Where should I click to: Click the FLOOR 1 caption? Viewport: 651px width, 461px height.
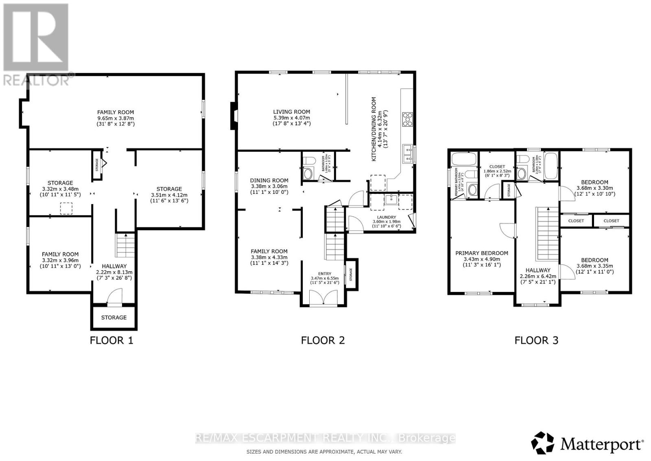(111, 340)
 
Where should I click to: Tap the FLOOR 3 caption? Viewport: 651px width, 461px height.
(536, 340)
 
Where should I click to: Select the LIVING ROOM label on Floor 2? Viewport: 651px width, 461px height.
(291, 112)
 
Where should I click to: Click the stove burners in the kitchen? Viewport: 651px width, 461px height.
(407, 119)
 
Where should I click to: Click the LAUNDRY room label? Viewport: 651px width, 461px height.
(387, 217)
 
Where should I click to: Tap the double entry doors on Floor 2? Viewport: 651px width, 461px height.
(324, 298)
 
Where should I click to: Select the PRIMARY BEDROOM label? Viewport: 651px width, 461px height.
(481, 253)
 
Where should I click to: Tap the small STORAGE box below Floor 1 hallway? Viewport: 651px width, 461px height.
(114, 317)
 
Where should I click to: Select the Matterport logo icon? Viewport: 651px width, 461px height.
(543, 443)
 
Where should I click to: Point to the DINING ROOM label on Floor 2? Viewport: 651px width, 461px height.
(269, 180)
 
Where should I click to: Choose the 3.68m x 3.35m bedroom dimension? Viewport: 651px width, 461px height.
(594, 266)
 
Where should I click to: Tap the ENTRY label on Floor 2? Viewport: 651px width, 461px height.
(324, 274)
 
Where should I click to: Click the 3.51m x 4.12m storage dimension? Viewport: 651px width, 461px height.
(169, 195)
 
